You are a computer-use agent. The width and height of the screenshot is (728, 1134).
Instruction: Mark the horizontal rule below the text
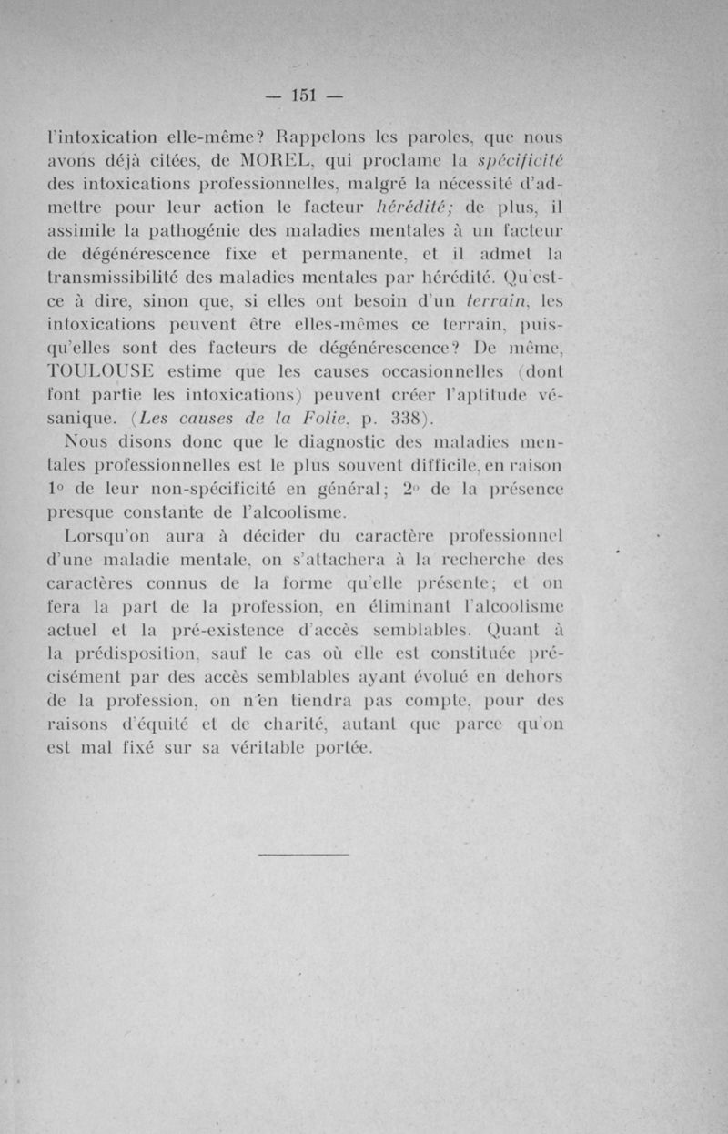303,855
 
